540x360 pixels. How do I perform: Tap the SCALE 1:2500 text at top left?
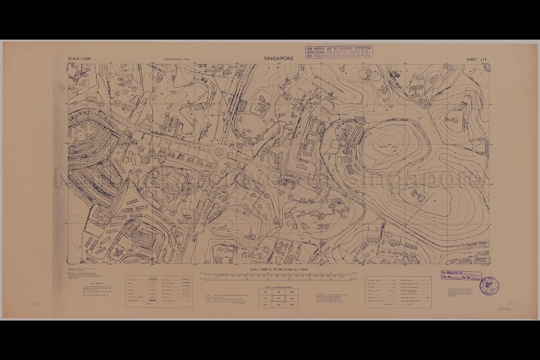pos(79,59)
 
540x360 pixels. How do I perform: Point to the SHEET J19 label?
pos(476,59)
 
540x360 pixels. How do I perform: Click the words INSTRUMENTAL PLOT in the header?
pos(177,59)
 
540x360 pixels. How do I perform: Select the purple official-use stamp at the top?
pos(339,52)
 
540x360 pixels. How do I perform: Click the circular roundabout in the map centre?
pos(219,152)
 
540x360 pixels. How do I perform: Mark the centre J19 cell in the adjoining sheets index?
pos(278,298)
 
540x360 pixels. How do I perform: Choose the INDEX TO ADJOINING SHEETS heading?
pos(278,287)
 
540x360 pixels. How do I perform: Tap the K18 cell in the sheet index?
pos(291,292)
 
